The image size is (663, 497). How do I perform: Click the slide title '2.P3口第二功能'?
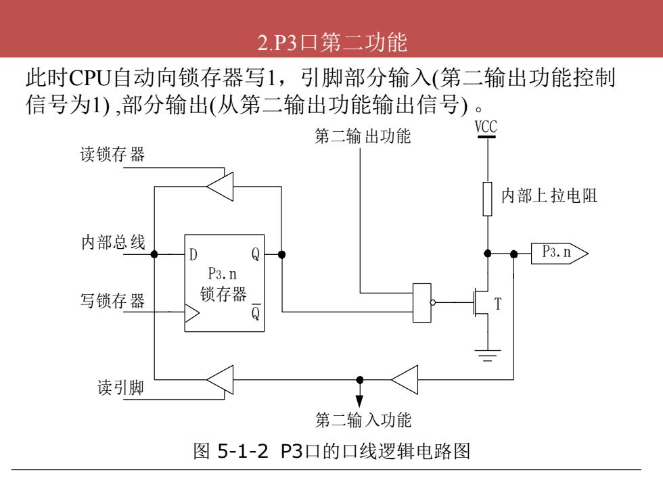click(x=332, y=42)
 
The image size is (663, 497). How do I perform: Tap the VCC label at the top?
click(x=486, y=127)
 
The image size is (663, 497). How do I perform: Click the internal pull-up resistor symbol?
click(x=488, y=199)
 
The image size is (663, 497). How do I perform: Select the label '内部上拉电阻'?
click(x=549, y=195)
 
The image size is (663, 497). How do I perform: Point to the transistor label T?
click(x=498, y=304)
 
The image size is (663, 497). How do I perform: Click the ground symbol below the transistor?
click(x=488, y=356)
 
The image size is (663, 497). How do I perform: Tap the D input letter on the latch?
click(x=193, y=254)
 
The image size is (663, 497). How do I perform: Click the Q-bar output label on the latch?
click(x=256, y=312)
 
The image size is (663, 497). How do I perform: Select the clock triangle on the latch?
click(x=192, y=314)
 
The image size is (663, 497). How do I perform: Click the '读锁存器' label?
click(x=112, y=154)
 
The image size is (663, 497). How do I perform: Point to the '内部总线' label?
click(x=114, y=242)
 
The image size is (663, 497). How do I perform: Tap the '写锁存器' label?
click(x=112, y=301)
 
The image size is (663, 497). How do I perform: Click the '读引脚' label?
click(x=120, y=387)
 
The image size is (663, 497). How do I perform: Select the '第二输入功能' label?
click(x=363, y=420)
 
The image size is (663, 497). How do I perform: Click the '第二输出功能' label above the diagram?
click(x=363, y=136)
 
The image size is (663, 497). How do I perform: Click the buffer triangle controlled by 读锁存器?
click(x=220, y=187)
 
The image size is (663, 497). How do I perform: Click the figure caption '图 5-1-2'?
click(x=231, y=451)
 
